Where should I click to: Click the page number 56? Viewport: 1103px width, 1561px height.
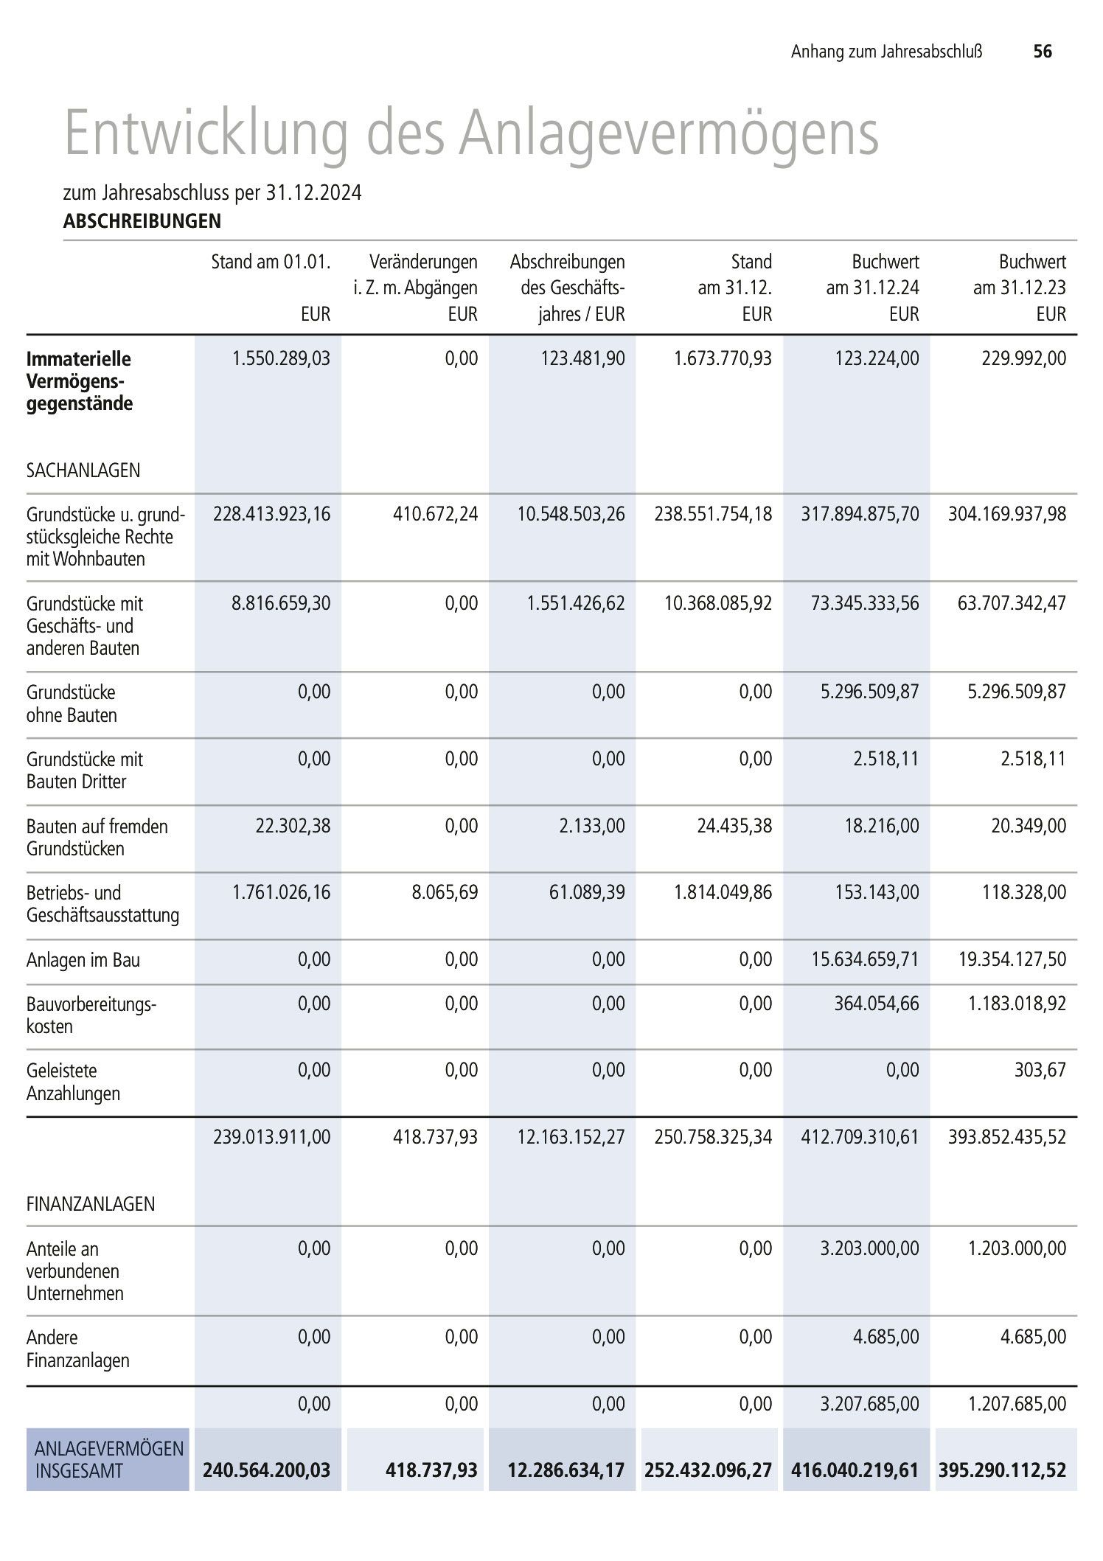pos(1043,51)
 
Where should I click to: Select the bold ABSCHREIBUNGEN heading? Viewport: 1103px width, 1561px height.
pos(142,220)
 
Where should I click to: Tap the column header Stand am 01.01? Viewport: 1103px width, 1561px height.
pos(271,262)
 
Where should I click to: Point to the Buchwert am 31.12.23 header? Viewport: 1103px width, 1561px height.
pos(1020,274)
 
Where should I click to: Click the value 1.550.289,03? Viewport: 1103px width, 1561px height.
pos(281,359)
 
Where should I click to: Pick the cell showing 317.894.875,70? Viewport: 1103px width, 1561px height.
pos(860,514)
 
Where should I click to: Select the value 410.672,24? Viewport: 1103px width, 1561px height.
pos(435,514)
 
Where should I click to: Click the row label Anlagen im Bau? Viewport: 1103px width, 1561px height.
pos(83,960)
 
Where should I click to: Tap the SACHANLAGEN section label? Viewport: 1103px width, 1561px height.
pos(83,470)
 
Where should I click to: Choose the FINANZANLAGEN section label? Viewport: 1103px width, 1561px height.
pos(91,1204)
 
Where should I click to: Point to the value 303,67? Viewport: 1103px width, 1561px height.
pos(1040,1070)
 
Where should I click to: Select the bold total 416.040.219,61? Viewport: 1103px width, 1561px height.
pos(855,1470)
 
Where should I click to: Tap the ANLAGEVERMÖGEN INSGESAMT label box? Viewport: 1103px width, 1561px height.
pos(108,1459)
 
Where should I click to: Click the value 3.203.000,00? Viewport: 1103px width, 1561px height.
pos(870,1248)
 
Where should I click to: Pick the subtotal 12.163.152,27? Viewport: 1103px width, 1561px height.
pos(571,1137)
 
